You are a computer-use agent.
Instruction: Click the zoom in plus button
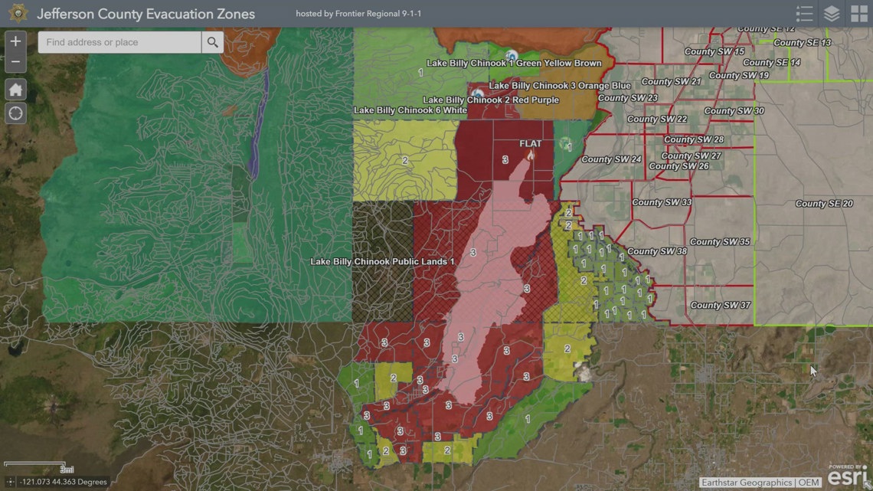pos(15,41)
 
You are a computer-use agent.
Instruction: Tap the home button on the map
pos(15,90)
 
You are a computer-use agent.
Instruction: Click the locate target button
pos(15,113)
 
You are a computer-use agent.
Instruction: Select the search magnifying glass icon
pos(212,42)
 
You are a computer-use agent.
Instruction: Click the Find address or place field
pos(119,42)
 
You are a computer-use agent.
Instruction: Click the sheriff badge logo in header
pos(18,14)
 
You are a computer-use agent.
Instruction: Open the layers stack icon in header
pos(831,14)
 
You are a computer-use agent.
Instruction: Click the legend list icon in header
pos(804,14)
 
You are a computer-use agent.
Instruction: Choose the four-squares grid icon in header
pos(858,14)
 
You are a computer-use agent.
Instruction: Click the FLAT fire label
pos(530,144)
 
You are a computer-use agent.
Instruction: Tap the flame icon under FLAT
pos(530,155)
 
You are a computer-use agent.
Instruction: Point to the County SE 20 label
pos(823,204)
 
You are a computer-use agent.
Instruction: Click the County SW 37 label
pos(720,305)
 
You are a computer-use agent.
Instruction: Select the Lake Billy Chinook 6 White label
pos(410,110)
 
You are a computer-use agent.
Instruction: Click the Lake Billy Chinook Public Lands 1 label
pos(382,262)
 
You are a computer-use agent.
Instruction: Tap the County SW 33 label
pos(662,202)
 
